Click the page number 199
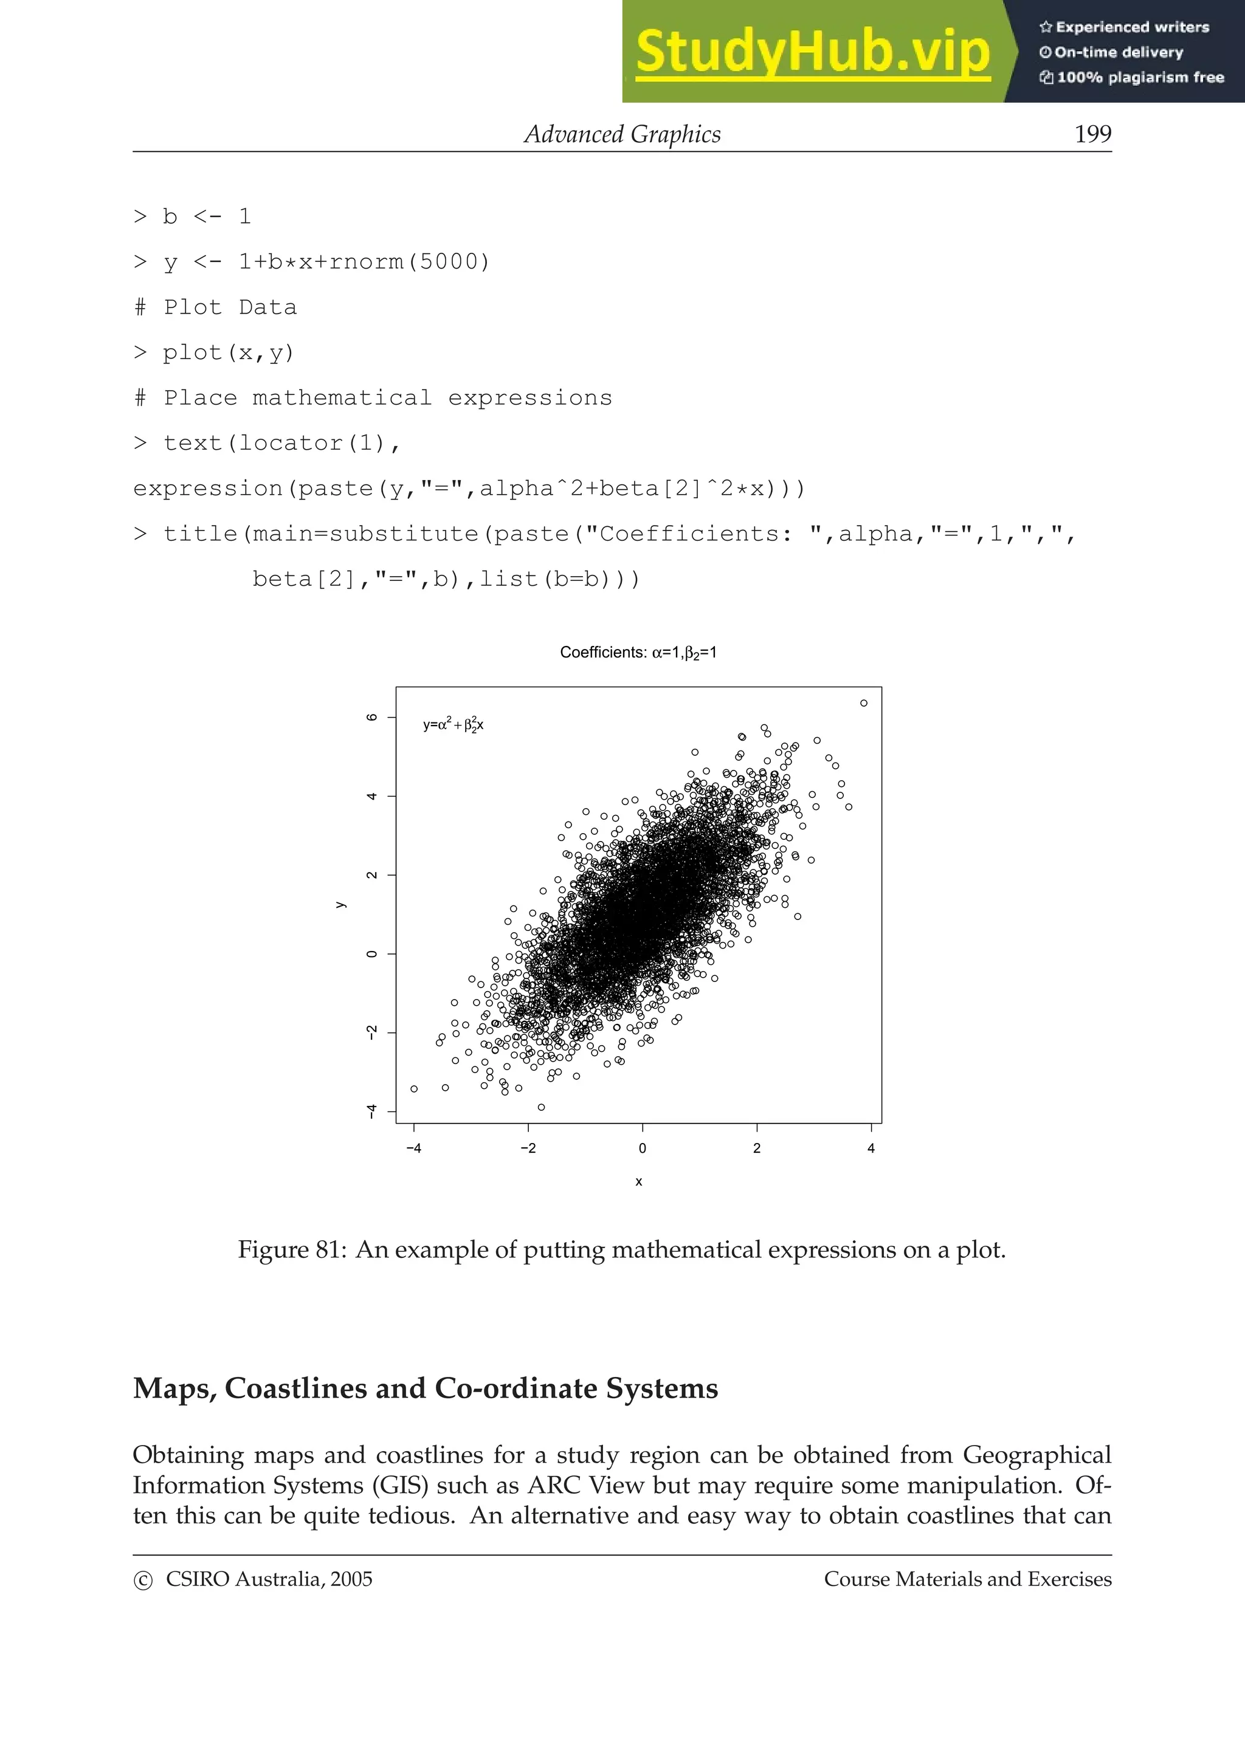click(x=1092, y=134)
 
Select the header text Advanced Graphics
click(x=622, y=134)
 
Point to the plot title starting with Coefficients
click(x=638, y=653)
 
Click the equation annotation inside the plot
click(x=454, y=725)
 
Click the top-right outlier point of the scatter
click(x=864, y=703)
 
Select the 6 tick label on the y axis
click(x=372, y=717)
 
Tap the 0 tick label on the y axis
click(x=372, y=953)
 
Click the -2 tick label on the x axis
click(x=528, y=1148)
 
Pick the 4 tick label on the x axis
click(x=871, y=1148)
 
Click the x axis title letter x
click(x=638, y=1182)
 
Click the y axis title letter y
click(x=340, y=905)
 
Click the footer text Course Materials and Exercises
click(x=967, y=1579)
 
